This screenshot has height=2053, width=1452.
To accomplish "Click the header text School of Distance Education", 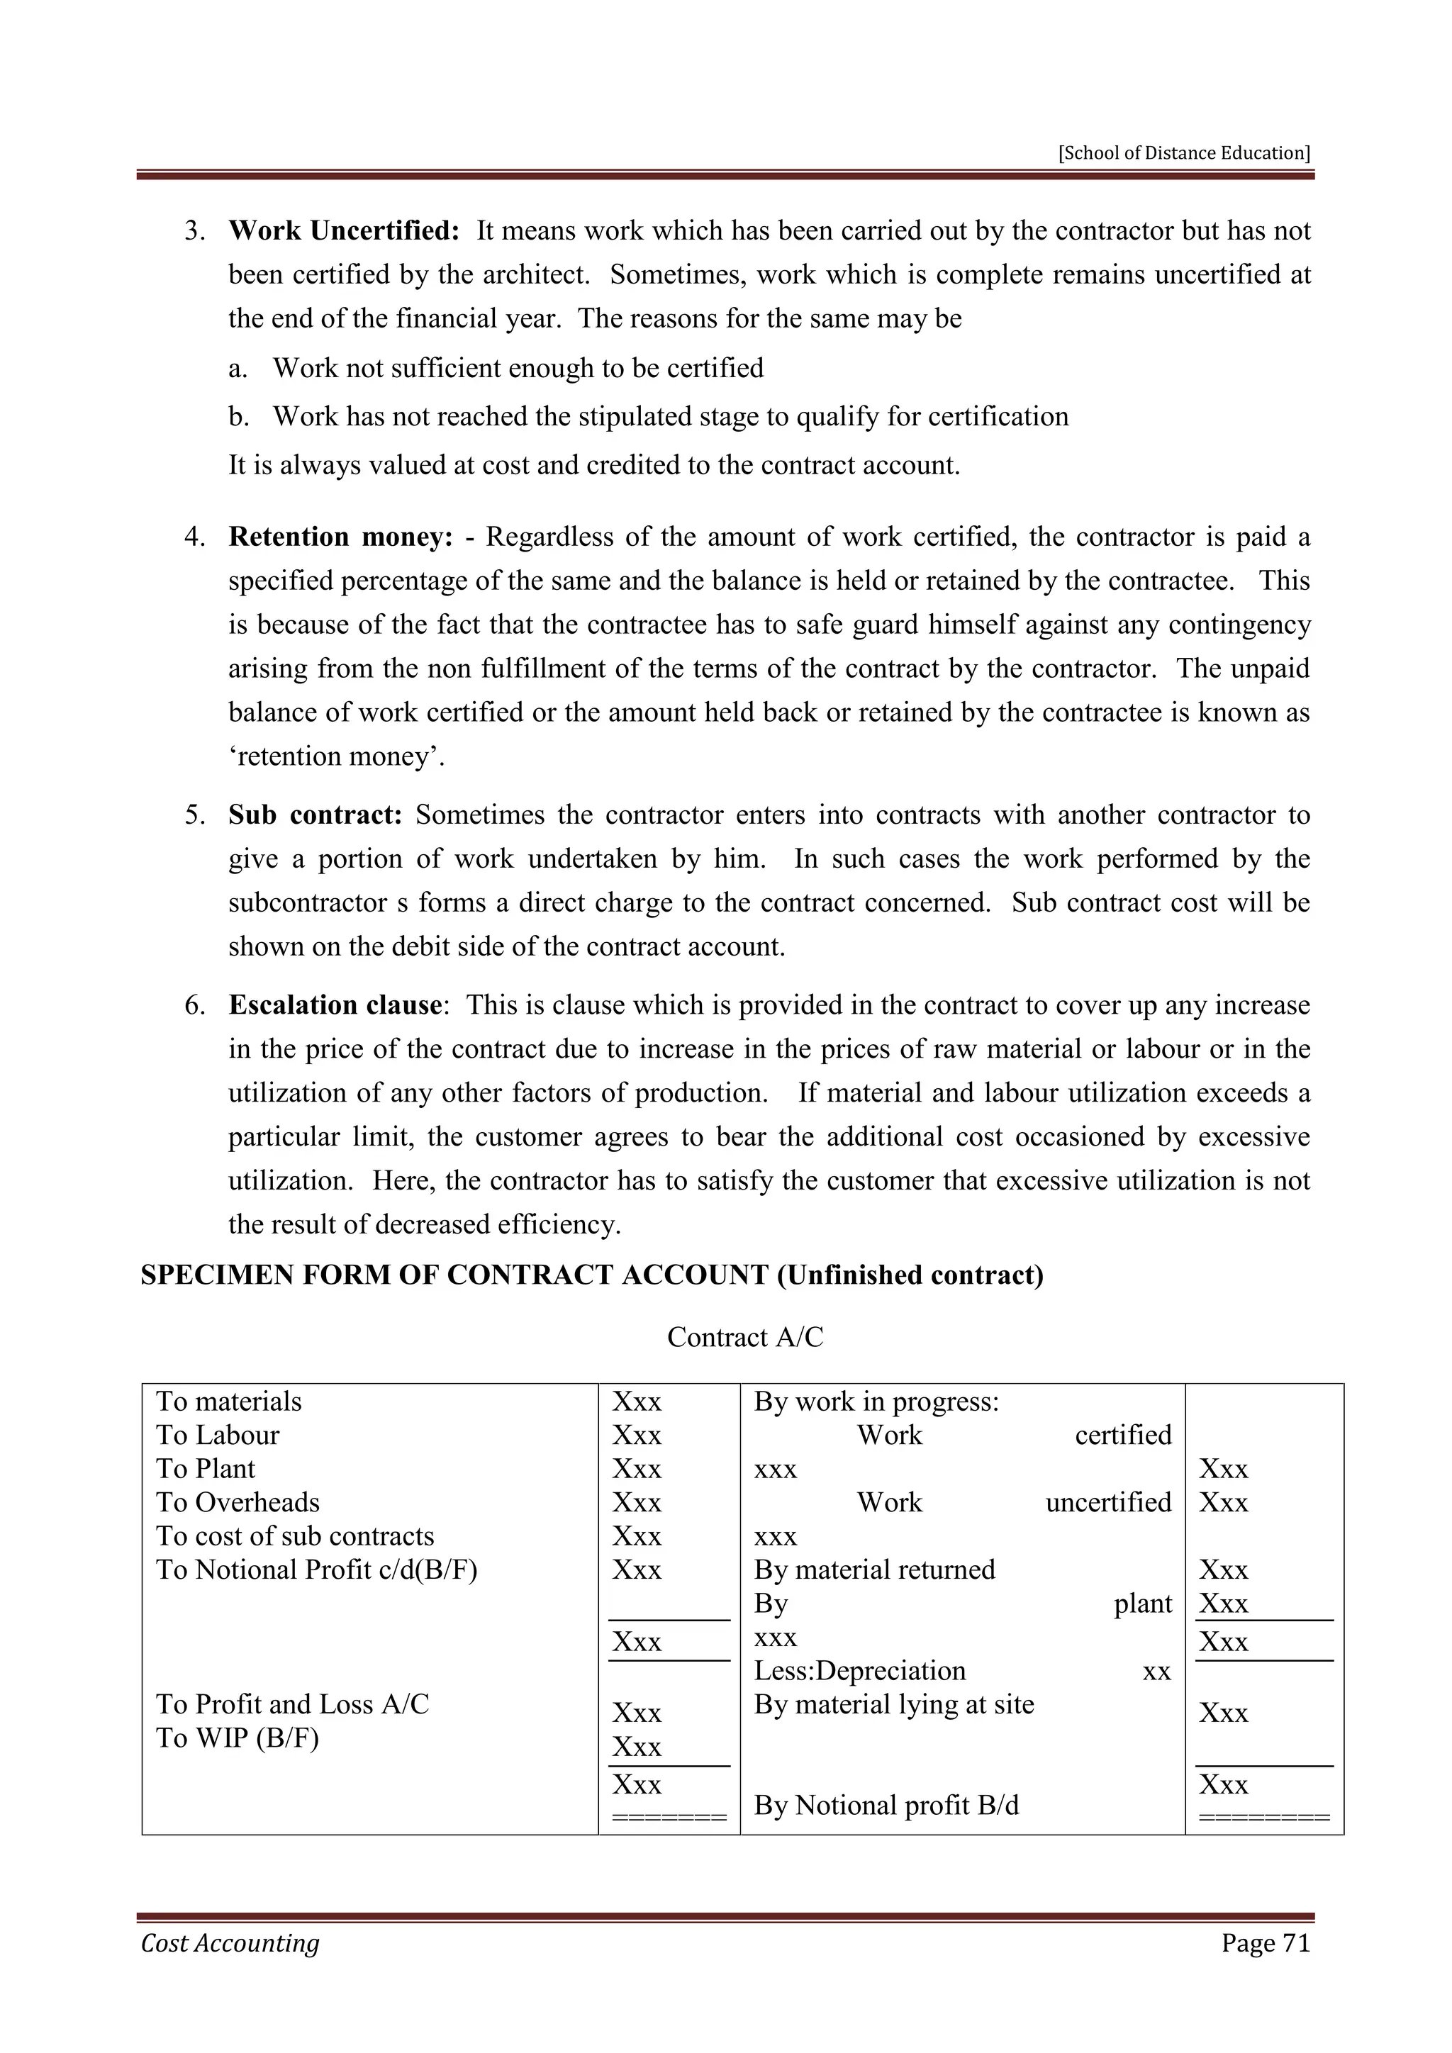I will point(1184,153).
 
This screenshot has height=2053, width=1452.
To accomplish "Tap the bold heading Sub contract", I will point(315,815).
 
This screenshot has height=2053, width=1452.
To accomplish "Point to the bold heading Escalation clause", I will point(335,1005).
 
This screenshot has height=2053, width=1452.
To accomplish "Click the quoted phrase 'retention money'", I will point(337,756).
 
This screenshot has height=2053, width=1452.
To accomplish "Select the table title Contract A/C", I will point(744,1337).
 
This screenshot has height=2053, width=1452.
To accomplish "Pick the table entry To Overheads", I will point(238,1502).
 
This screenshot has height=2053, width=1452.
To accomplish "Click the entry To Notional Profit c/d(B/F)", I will point(316,1570).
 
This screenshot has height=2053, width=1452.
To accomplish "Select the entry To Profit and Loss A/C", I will point(292,1704).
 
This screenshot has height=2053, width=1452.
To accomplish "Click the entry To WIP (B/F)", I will point(237,1738).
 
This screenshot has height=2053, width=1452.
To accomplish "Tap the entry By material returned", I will point(873,1570).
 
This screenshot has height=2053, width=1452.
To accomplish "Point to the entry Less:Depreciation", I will point(859,1671).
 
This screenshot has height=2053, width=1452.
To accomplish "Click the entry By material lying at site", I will point(893,1704).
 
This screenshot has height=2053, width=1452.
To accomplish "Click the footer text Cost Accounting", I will point(230,1943).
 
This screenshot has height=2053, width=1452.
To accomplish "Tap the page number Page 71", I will point(1265,1943).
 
